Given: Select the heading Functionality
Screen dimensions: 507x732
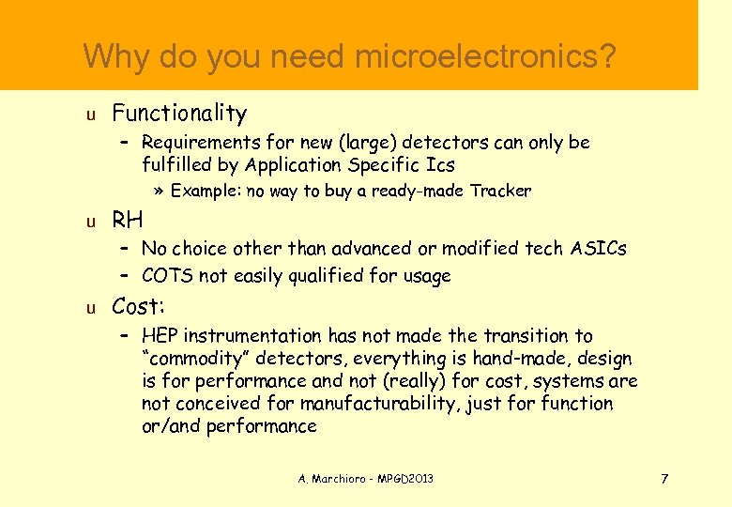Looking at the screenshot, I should point(179,114).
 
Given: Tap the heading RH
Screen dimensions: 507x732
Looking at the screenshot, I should point(128,222).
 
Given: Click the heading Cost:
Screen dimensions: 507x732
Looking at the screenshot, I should point(139,306).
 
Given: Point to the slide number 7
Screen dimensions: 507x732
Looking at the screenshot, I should point(664,479).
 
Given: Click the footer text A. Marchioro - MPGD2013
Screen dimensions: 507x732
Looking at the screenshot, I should point(366,479).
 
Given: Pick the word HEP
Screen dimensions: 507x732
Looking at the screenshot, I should point(160,336).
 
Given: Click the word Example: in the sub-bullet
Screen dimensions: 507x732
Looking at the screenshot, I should point(206,192).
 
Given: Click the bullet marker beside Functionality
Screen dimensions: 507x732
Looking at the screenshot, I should point(90,115).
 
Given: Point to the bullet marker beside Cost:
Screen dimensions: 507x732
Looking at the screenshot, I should point(90,308).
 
